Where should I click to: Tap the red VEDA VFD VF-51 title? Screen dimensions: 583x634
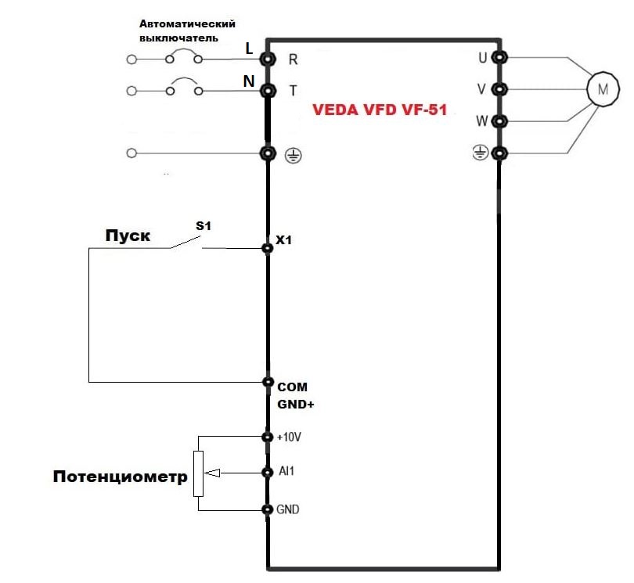[x=380, y=110]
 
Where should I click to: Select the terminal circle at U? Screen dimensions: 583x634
[x=499, y=58]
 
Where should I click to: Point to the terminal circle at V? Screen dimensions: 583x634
[x=499, y=89]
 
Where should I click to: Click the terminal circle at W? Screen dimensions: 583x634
[x=499, y=121]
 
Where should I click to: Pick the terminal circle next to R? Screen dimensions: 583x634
[x=268, y=59]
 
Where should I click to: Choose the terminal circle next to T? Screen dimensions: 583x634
[x=268, y=91]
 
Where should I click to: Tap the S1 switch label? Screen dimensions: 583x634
[x=204, y=225]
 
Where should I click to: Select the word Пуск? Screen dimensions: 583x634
[x=128, y=236]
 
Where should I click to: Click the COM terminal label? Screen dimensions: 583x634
[x=293, y=387]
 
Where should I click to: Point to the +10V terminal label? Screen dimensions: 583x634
[x=290, y=437]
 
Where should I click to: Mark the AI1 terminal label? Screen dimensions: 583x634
[x=286, y=473]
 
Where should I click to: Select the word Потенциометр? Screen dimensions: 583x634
[x=121, y=477]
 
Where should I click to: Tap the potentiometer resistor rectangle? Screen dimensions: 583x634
[x=198, y=473]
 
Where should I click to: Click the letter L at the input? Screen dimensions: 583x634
[x=249, y=49]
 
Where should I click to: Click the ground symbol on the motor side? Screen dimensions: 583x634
[x=480, y=153]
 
